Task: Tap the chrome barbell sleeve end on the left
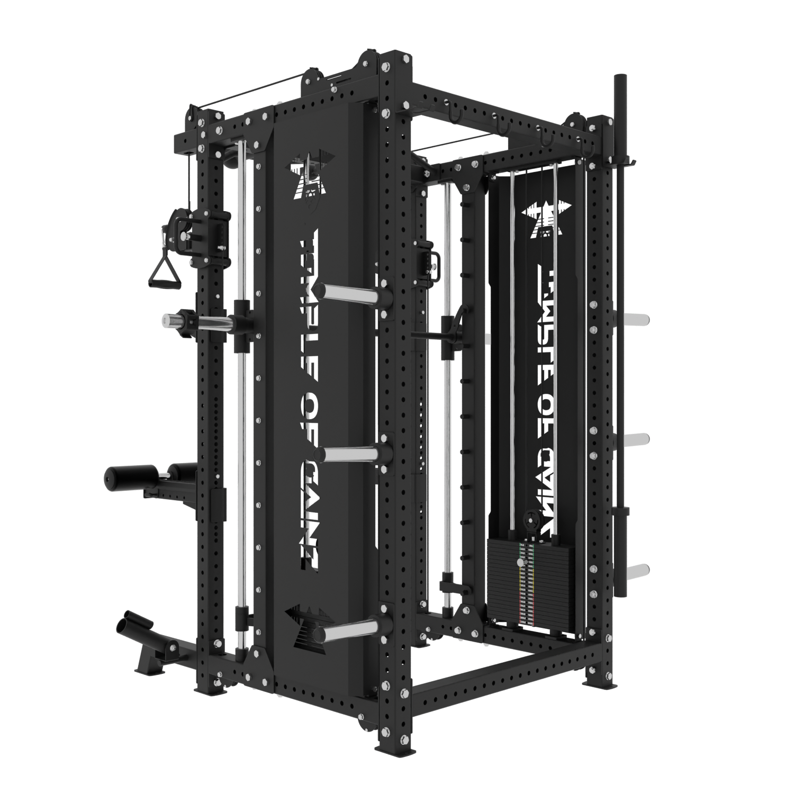coord(170,319)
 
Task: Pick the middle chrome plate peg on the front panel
coord(345,453)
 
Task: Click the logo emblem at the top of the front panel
coord(308,175)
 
